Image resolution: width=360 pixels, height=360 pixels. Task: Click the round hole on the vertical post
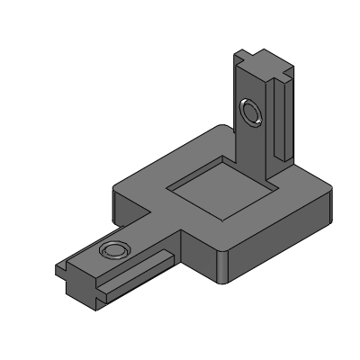[x=251, y=112]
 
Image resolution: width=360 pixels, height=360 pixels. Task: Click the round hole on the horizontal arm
[x=113, y=250]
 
